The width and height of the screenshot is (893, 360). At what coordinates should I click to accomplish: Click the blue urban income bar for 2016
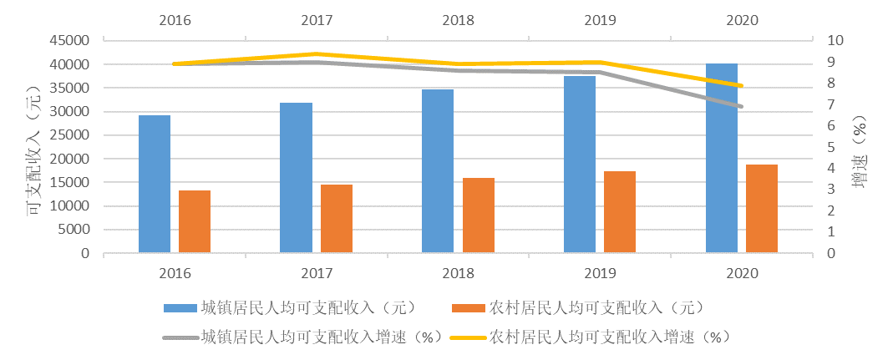[155, 184]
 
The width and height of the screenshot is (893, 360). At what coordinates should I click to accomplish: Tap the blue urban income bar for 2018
[438, 171]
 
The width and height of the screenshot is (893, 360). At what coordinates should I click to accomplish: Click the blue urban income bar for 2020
[722, 159]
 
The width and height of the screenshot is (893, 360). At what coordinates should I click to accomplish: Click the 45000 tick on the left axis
[70, 41]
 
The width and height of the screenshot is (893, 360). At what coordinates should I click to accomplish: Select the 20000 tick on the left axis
[70, 160]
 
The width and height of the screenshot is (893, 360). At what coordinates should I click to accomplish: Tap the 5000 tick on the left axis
[74, 231]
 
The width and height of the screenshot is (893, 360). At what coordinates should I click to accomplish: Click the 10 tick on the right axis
[836, 41]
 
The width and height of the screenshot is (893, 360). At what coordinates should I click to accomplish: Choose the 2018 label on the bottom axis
[458, 274]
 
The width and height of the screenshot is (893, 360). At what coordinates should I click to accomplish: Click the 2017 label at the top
[316, 18]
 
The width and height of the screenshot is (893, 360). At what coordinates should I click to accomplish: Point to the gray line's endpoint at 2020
[741, 106]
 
